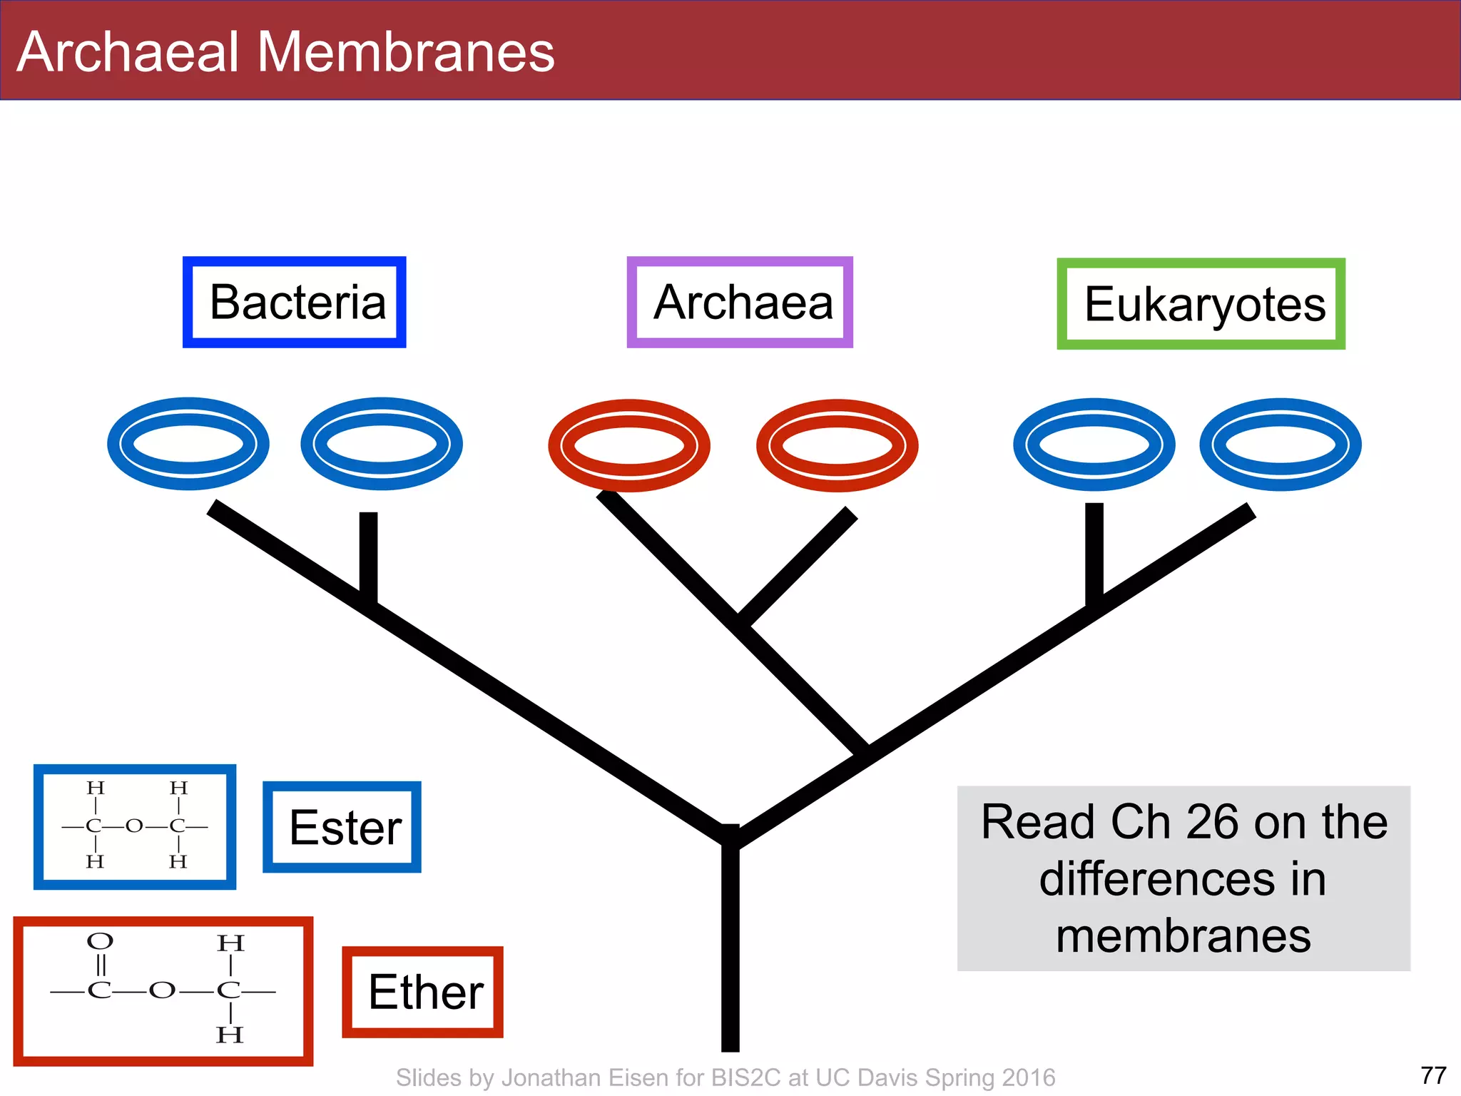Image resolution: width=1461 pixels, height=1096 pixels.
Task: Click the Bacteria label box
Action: [295, 303]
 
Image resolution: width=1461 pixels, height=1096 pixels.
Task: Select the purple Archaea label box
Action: [740, 303]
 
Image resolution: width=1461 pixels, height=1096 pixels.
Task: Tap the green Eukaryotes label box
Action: [1201, 304]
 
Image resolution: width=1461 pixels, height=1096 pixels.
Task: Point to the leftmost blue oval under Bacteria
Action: [188, 444]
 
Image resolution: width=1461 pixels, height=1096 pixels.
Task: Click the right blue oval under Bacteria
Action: [382, 444]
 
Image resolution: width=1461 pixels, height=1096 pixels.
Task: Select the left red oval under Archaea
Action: [629, 445]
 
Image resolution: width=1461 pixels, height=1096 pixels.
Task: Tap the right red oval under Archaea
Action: [837, 445]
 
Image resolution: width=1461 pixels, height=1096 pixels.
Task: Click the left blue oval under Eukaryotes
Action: [1094, 445]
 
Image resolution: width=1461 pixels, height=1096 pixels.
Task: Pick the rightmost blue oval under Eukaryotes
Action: [1281, 445]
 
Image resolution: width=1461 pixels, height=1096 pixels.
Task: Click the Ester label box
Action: [342, 827]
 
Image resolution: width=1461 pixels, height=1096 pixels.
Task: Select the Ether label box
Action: [423, 992]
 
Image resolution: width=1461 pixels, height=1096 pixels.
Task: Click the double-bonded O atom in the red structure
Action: [100, 941]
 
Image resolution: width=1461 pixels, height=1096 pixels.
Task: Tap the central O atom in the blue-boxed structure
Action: [134, 826]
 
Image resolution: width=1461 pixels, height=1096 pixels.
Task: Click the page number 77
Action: [1433, 1075]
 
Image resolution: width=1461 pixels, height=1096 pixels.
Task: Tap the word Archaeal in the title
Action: [128, 52]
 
